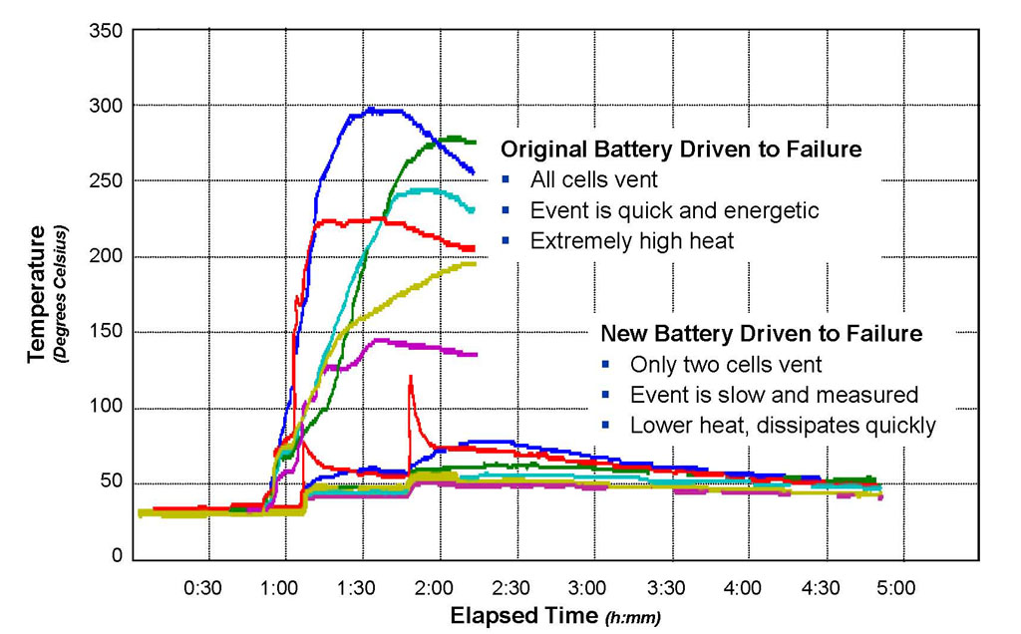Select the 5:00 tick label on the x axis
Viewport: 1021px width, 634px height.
896,588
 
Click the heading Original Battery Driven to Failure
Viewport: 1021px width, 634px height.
681,151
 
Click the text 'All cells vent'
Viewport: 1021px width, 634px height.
594,180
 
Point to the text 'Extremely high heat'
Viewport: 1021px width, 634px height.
632,240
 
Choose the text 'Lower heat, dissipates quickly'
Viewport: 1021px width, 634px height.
783,425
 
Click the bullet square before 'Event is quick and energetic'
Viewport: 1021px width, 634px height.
507,211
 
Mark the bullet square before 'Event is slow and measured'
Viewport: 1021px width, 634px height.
606,395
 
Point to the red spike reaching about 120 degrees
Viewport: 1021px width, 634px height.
410,377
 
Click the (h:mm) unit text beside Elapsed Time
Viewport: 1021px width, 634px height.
632,617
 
